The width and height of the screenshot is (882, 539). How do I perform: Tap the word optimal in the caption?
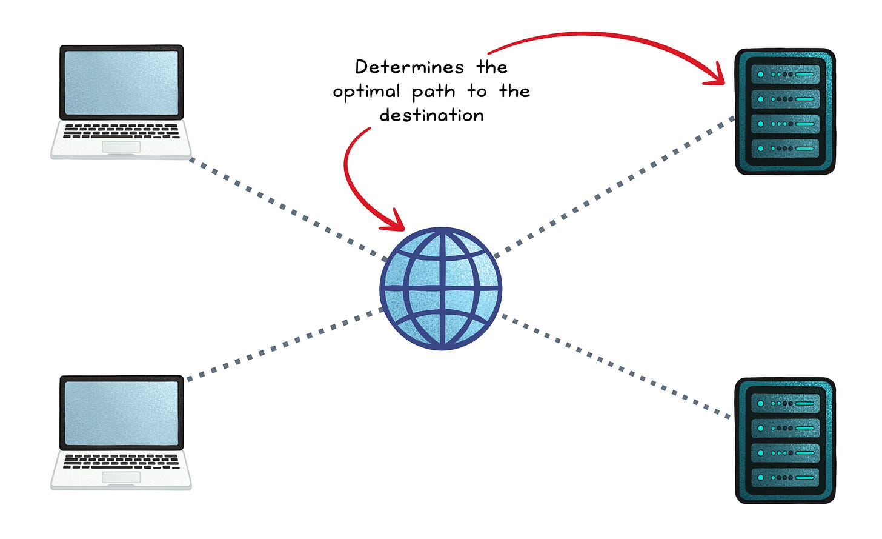(x=366, y=92)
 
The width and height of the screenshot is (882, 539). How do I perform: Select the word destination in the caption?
(x=432, y=115)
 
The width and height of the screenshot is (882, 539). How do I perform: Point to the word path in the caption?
(x=434, y=92)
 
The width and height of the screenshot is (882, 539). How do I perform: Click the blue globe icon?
(x=442, y=289)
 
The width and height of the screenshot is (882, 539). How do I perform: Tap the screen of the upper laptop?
(x=121, y=82)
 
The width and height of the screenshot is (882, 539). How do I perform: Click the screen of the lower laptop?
(x=121, y=413)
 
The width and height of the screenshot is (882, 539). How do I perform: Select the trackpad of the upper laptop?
(x=121, y=147)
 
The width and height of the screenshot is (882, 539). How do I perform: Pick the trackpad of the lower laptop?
(x=121, y=478)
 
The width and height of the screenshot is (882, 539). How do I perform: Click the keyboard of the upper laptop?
(x=121, y=131)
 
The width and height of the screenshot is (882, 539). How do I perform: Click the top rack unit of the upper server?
(x=785, y=74)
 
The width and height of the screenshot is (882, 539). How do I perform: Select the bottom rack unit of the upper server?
(x=785, y=148)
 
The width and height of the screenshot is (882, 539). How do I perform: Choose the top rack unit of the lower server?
(x=785, y=403)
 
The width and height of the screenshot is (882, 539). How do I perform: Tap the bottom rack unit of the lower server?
(x=785, y=477)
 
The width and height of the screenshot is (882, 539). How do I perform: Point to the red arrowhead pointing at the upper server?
(x=718, y=74)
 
